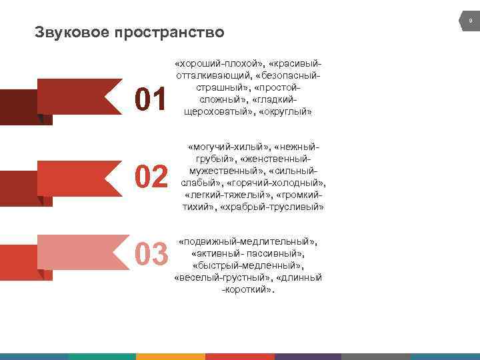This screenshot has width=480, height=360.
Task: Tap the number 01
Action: [151, 99]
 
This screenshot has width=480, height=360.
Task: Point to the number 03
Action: [151, 254]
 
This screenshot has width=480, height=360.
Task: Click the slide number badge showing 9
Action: [470, 22]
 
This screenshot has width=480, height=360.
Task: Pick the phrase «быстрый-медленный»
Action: [248, 265]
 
